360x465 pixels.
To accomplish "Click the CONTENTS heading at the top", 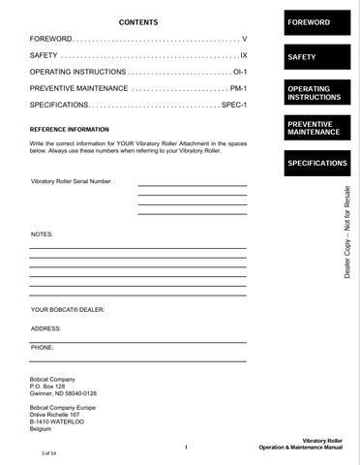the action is pyautogui.click(x=137, y=21).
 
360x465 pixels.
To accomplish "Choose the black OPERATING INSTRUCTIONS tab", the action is pyautogui.click(x=314, y=93).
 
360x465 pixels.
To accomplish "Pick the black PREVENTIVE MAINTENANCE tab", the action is pyautogui.click(x=314, y=128).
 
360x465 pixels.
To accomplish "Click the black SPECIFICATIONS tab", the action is pyautogui.click(x=314, y=163).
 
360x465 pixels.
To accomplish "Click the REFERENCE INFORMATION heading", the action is pyautogui.click(x=70, y=129).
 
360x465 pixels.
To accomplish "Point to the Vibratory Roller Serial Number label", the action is pyautogui.click(x=71, y=181).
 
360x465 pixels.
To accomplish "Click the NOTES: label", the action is pyautogui.click(x=42, y=234).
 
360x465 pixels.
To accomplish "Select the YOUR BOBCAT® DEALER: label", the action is pyautogui.click(x=68, y=310).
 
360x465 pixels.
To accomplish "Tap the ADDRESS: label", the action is pyautogui.click(x=46, y=328).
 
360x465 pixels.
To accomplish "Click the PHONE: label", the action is pyautogui.click(x=43, y=346).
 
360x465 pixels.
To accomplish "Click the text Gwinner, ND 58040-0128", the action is pyautogui.click(x=64, y=394).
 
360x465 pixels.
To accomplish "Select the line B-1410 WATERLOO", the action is pyautogui.click(x=58, y=422).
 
